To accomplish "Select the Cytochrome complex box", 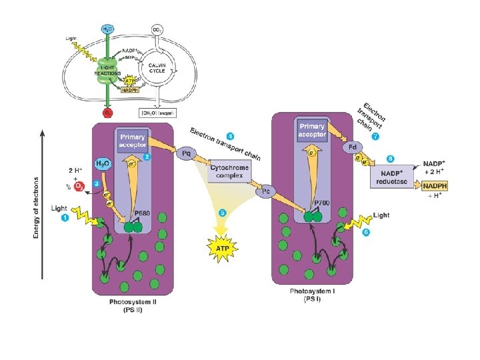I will (x=229, y=172).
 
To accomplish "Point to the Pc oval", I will (x=265, y=192).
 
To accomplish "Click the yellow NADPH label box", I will (x=437, y=186).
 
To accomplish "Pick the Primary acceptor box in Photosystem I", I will (x=312, y=130).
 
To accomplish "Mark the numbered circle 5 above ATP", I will (x=223, y=212).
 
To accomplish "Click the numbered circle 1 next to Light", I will (x=65, y=218).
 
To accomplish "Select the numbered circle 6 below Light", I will (x=366, y=232).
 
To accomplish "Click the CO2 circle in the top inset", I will (x=157, y=31).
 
